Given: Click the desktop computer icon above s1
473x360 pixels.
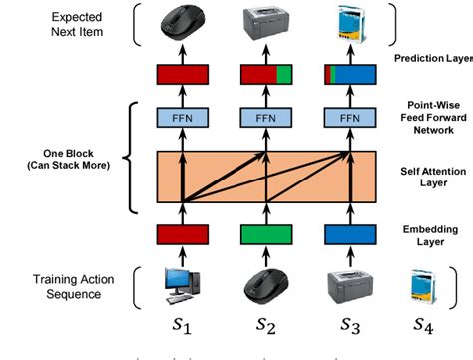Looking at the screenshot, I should coord(183,284).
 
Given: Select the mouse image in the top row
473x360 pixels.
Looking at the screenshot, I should coord(183,24).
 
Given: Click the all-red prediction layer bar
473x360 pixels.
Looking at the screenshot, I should coord(183,74).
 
